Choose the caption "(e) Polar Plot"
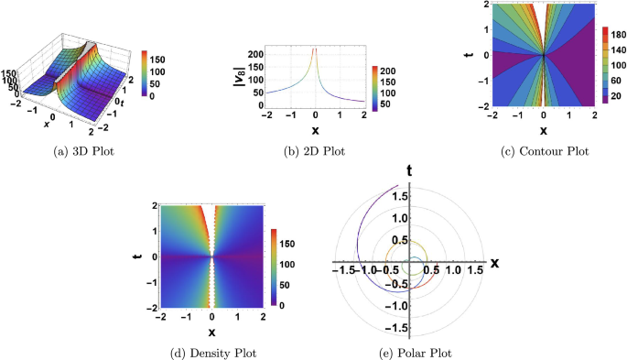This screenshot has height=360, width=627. coord(416,351)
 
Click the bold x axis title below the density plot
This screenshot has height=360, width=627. coord(212,331)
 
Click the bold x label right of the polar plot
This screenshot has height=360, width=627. coord(494,263)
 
